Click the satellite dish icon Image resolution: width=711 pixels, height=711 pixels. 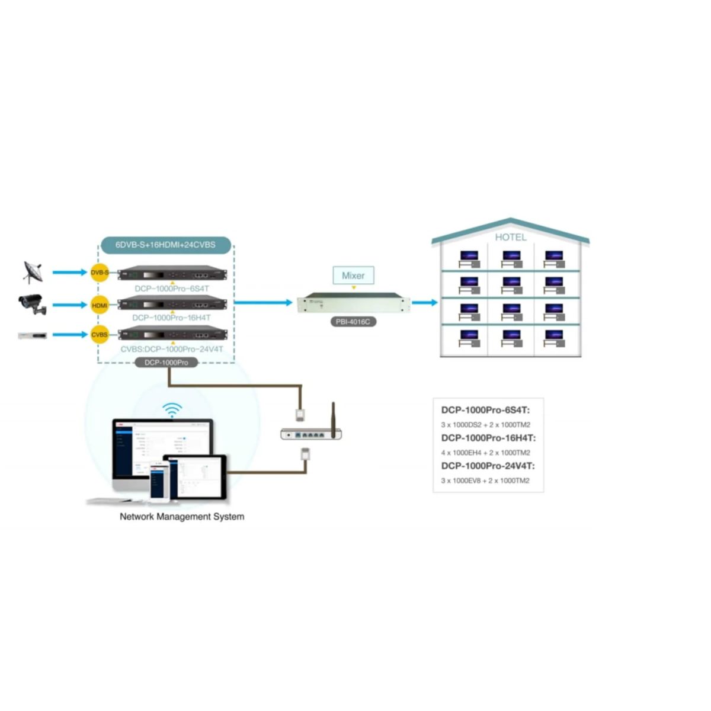[33, 273]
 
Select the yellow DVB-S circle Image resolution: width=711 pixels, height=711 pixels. [100, 273]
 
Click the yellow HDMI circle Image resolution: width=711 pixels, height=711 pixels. [100, 305]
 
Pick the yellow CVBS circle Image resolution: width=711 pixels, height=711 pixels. [100, 335]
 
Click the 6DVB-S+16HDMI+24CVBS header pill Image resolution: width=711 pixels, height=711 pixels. [165, 245]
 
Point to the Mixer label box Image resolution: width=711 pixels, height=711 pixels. [353, 276]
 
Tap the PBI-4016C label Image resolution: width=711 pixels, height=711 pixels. [353, 322]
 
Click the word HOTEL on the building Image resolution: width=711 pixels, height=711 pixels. [510, 237]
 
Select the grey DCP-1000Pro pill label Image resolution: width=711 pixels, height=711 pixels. [166, 363]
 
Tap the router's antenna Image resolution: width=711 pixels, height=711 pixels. [334, 419]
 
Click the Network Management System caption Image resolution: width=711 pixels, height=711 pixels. [182, 517]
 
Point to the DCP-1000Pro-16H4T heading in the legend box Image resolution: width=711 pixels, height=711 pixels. [488, 438]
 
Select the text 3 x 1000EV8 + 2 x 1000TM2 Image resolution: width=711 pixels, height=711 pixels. [485, 481]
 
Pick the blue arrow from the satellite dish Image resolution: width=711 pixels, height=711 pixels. [69, 273]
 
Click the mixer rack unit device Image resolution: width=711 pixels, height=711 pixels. [353, 303]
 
